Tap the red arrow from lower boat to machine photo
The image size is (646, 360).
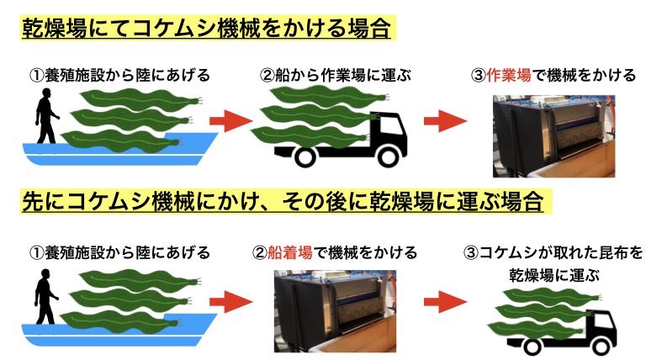coord(230,300)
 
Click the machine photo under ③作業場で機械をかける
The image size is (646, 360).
coord(553,135)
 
